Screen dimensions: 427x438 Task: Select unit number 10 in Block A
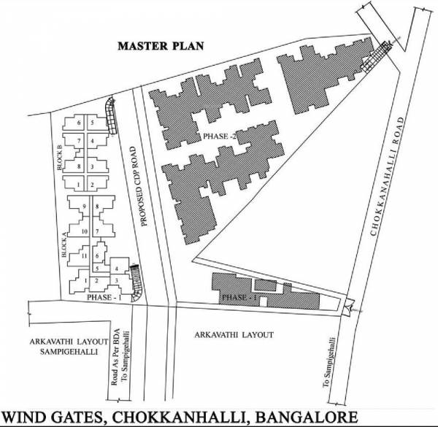(85, 231)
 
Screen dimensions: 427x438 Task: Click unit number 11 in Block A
(85, 255)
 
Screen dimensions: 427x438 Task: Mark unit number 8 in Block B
(79, 167)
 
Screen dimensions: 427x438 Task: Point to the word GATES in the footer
(90, 416)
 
